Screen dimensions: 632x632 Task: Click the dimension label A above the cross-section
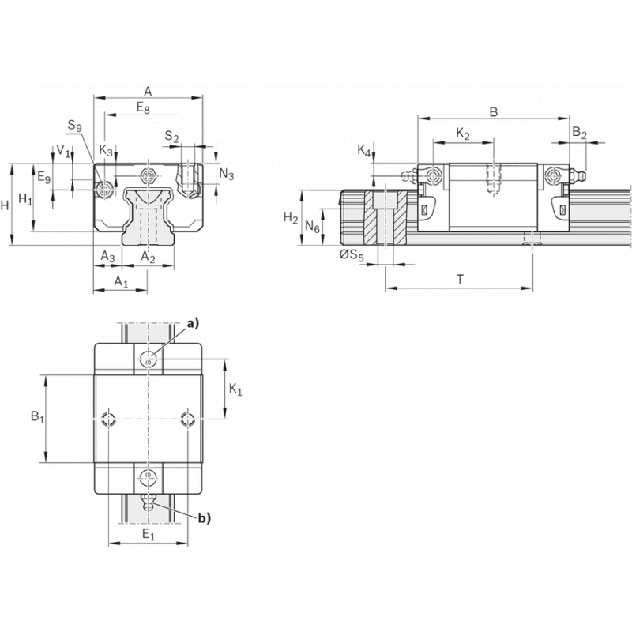click(148, 92)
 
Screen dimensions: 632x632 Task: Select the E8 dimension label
click(143, 108)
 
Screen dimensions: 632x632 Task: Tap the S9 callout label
click(74, 126)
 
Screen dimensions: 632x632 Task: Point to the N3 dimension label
click(227, 175)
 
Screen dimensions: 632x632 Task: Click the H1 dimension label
click(26, 199)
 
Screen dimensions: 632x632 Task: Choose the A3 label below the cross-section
click(107, 256)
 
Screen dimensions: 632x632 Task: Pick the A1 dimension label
click(121, 281)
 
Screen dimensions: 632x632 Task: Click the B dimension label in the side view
click(494, 112)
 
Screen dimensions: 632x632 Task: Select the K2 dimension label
click(463, 134)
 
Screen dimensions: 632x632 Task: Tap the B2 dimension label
click(579, 133)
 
